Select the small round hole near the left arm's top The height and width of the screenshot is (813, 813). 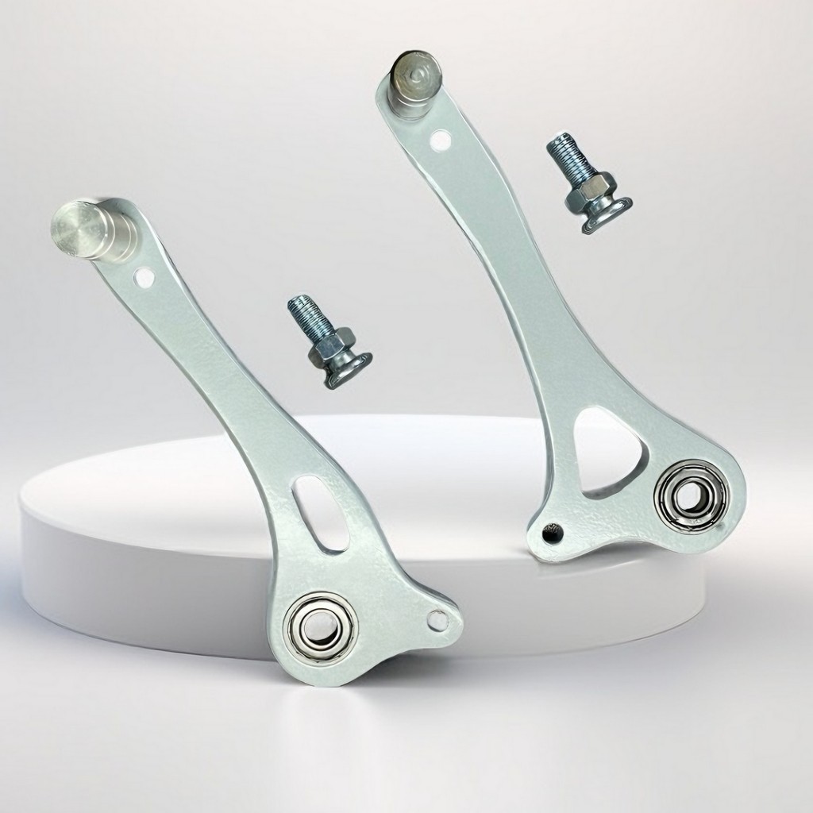tap(144, 278)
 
